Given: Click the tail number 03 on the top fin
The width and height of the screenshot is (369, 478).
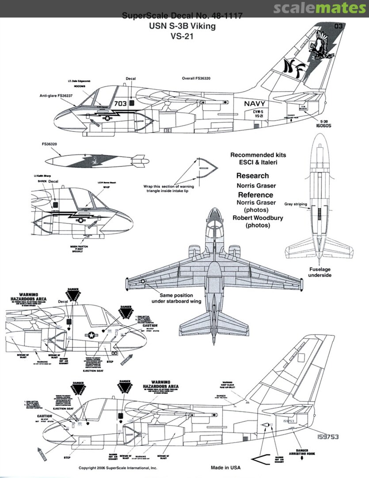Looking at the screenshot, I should click(339, 27).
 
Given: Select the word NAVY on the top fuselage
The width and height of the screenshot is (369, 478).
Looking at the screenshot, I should click(255, 104).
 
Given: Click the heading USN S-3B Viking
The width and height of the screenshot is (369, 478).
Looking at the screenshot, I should click(183, 27).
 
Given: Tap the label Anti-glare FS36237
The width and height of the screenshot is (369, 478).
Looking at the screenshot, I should click(56, 95).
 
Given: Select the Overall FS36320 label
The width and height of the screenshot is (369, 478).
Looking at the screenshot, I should click(197, 78).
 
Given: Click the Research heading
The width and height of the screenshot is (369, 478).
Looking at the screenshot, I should click(252, 176).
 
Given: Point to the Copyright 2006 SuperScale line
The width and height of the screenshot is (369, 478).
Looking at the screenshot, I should click(118, 468).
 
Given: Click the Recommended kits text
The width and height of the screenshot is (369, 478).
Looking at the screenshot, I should click(258, 155).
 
